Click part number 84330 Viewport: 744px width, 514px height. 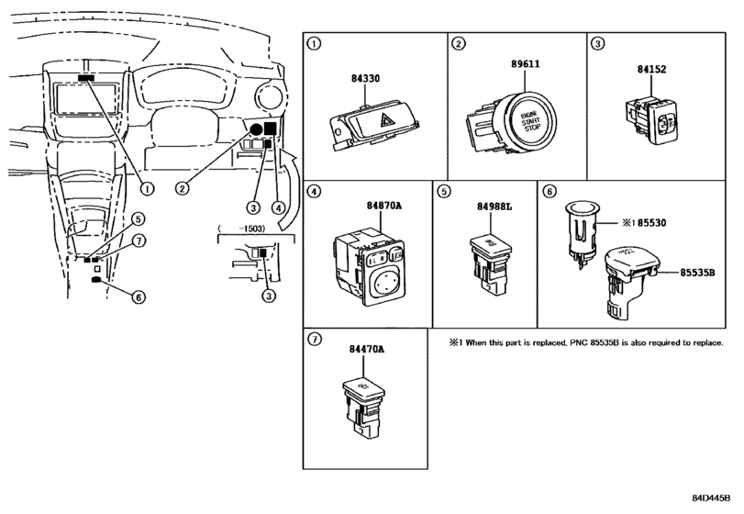point(365,78)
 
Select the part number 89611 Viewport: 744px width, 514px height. point(526,63)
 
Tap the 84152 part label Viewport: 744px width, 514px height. point(651,69)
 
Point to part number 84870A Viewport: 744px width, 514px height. point(383,206)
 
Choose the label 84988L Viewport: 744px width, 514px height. point(494,207)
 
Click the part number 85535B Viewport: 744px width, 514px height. point(697,273)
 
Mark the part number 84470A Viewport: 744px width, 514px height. point(366,349)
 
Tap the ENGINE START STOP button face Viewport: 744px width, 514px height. point(531,121)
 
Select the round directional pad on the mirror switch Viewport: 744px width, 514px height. point(383,284)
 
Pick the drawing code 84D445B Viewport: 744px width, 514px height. point(711,497)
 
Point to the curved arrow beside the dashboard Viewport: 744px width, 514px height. point(288,191)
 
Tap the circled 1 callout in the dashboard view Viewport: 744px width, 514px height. point(148,189)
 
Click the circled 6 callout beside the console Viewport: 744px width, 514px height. point(139,297)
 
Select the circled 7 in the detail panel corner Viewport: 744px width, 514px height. point(314,339)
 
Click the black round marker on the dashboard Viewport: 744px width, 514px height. point(256,129)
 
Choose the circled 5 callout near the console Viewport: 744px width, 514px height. point(138,219)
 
